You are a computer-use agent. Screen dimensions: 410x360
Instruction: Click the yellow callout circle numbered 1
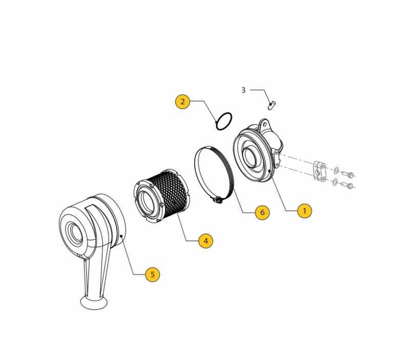pos(304,210)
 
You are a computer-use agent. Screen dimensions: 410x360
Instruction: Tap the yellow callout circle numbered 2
pos(182,101)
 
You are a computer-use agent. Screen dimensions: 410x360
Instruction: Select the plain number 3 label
pos(243,90)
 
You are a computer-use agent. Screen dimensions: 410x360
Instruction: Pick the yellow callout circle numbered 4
pos(206,241)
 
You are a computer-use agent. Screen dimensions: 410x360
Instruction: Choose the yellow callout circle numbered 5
pos(152,274)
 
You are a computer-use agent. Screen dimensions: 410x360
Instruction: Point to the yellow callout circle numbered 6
pos(262,213)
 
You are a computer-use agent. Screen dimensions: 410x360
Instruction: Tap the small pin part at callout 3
pos(272,105)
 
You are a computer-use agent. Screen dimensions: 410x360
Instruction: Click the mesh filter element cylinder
pos(162,196)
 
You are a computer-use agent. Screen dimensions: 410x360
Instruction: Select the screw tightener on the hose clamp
pos(217,200)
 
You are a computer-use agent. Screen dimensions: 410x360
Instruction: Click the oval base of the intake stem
pos(94,303)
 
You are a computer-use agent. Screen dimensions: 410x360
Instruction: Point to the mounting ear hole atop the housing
pos(264,123)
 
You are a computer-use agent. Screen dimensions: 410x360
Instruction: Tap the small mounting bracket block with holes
pos(319,171)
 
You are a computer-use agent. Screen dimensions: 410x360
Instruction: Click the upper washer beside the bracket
pos(336,171)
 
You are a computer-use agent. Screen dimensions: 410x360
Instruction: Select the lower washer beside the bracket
pos(335,182)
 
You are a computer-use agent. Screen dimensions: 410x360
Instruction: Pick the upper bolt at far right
pos(348,174)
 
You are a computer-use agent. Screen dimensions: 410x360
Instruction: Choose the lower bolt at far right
pos(347,185)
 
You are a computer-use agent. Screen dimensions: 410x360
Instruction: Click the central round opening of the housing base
pos(252,158)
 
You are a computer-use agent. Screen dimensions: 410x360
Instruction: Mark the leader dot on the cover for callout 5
pos(121,236)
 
